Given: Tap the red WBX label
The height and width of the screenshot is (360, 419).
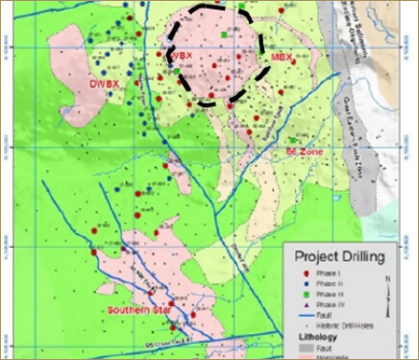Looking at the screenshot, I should [183, 56].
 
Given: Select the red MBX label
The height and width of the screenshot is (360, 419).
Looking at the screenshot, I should [282, 59].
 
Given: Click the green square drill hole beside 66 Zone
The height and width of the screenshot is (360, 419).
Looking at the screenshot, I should [293, 141].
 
